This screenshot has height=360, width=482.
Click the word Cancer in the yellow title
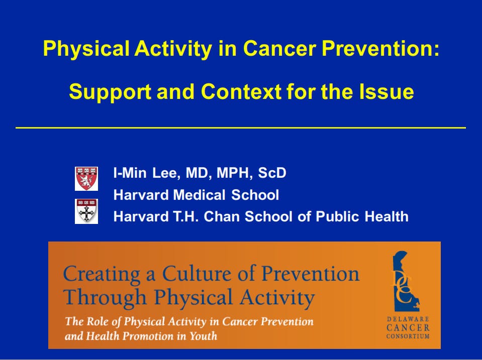[x=279, y=48]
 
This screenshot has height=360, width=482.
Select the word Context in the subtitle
[x=241, y=91]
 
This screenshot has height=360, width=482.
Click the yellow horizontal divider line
[x=241, y=128]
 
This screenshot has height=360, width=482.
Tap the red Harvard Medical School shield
[x=86, y=179]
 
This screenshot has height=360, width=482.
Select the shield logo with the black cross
[x=86, y=211]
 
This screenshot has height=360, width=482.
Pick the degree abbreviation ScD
[x=272, y=173]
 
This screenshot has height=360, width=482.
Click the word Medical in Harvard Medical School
[x=200, y=195]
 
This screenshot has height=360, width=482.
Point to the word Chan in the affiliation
[x=222, y=216]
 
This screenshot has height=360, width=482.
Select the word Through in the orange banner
[x=105, y=298]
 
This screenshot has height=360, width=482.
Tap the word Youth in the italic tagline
[x=203, y=336]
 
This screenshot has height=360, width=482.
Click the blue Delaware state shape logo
[x=406, y=281]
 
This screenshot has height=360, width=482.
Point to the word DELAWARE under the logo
[x=408, y=319]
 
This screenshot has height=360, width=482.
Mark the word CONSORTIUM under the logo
[x=408, y=336]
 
